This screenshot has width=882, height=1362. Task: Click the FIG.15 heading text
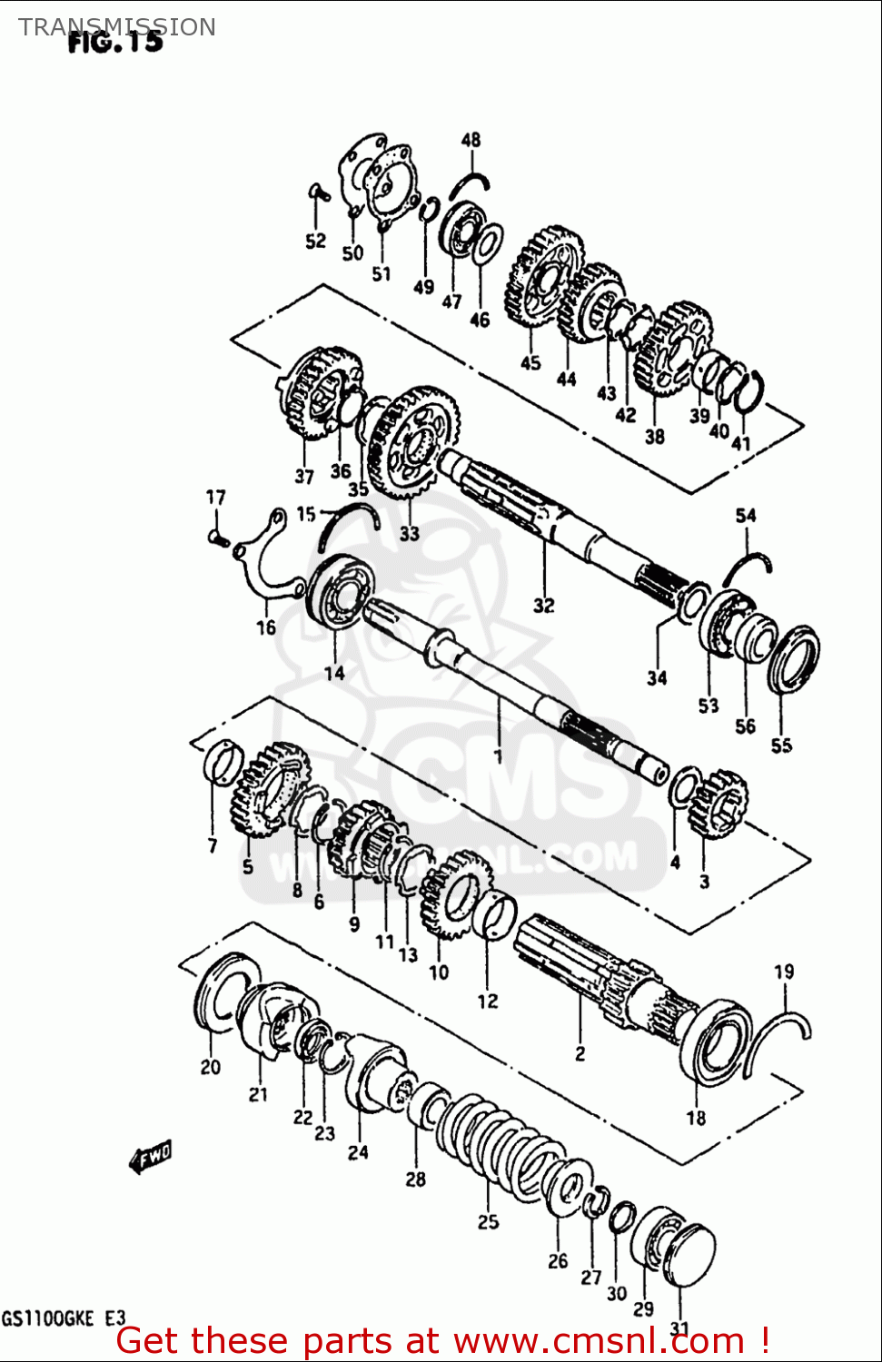115,43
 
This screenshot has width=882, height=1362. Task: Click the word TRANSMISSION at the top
117,26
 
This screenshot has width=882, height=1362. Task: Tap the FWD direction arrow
151,1157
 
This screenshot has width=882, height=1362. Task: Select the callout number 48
471,140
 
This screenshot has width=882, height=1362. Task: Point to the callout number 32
543,605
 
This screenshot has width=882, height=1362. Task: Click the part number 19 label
783,972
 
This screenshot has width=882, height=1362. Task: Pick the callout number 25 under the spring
488,1221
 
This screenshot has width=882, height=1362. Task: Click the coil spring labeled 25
495,1144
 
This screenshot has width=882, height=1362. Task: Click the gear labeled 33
413,443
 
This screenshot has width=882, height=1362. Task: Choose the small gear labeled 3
718,804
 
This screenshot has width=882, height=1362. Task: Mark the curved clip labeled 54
747,568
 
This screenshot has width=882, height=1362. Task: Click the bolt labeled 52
316,192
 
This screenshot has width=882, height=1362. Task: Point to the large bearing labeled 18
717,1044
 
